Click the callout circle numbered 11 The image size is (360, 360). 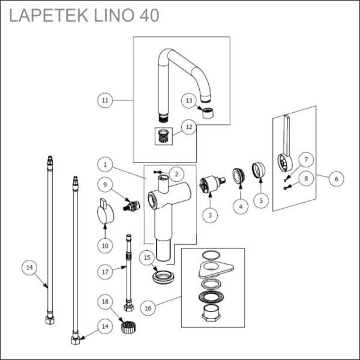(x=106, y=100)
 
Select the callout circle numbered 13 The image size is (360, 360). (x=189, y=101)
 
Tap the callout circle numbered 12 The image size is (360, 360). (x=189, y=127)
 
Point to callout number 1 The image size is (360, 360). (x=104, y=164)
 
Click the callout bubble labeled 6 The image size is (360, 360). (x=335, y=178)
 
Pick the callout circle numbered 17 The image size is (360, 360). (x=106, y=271)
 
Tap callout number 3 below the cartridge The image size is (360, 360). (x=209, y=215)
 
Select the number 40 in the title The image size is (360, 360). (x=148, y=16)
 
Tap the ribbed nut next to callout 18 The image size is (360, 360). (x=127, y=327)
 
